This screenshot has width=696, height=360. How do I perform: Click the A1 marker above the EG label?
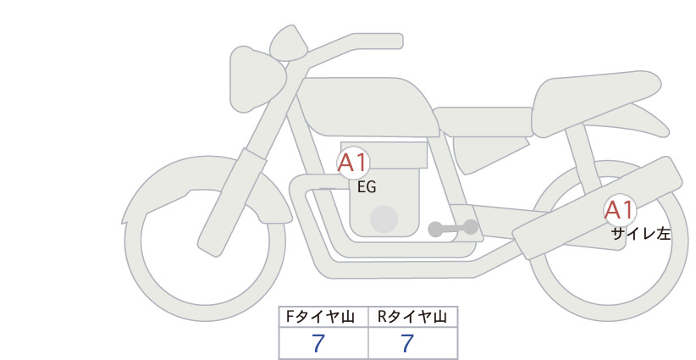pyautogui.click(x=353, y=163)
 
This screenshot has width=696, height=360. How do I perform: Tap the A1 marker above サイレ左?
pyautogui.click(x=620, y=210)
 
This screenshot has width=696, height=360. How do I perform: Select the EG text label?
pyautogui.click(x=367, y=187)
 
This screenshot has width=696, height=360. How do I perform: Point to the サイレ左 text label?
pyautogui.click(x=641, y=234)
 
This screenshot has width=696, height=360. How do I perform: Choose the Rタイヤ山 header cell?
pyautogui.click(x=413, y=317)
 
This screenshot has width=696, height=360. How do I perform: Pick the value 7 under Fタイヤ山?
pyautogui.click(x=318, y=343)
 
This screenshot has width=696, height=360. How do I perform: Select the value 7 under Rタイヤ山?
pyautogui.click(x=407, y=343)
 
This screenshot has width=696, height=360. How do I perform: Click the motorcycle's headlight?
pyautogui.click(x=256, y=79)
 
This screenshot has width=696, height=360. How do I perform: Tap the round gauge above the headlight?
pyautogui.click(x=289, y=43)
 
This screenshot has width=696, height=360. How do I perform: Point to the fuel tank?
pyautogui.click(x=366, y=107)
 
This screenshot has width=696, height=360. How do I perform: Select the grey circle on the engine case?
pyautogui.click(x=384, y=219)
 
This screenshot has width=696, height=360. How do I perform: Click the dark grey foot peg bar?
pyautogui.click(x=453, y=228)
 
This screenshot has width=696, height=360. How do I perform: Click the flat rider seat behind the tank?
pyautogui.click(x=483, y=121)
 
